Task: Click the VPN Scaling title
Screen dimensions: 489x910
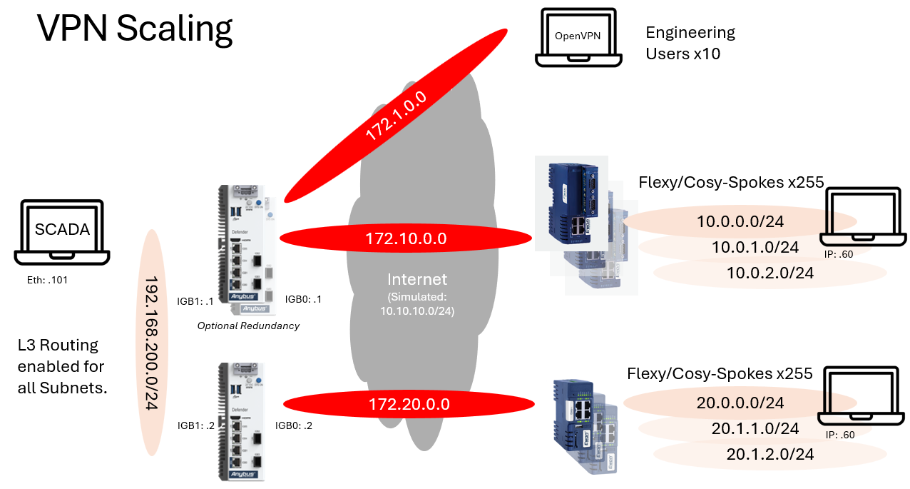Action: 135,29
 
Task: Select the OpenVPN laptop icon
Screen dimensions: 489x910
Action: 576,37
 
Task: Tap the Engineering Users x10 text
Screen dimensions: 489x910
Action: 690,43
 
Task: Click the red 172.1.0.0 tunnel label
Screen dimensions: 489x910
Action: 396,116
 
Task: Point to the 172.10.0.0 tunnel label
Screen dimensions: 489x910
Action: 406,238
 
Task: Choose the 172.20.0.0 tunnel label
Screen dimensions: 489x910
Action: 409,405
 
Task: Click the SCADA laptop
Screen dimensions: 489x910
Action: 63,231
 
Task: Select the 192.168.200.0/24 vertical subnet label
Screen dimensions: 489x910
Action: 152,343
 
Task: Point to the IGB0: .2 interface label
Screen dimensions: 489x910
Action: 294,425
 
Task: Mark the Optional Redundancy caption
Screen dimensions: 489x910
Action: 248,326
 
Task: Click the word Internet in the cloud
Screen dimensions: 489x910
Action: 416,279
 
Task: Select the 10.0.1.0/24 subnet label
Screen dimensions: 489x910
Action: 755,248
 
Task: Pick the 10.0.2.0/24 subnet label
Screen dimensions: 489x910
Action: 770,273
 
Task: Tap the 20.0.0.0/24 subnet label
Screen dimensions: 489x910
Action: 740,403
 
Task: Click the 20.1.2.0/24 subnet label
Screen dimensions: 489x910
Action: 770,454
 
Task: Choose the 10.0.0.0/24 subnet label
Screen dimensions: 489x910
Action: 740,222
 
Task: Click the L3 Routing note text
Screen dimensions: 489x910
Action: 61,366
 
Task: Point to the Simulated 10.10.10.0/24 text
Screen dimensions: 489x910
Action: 417,304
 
